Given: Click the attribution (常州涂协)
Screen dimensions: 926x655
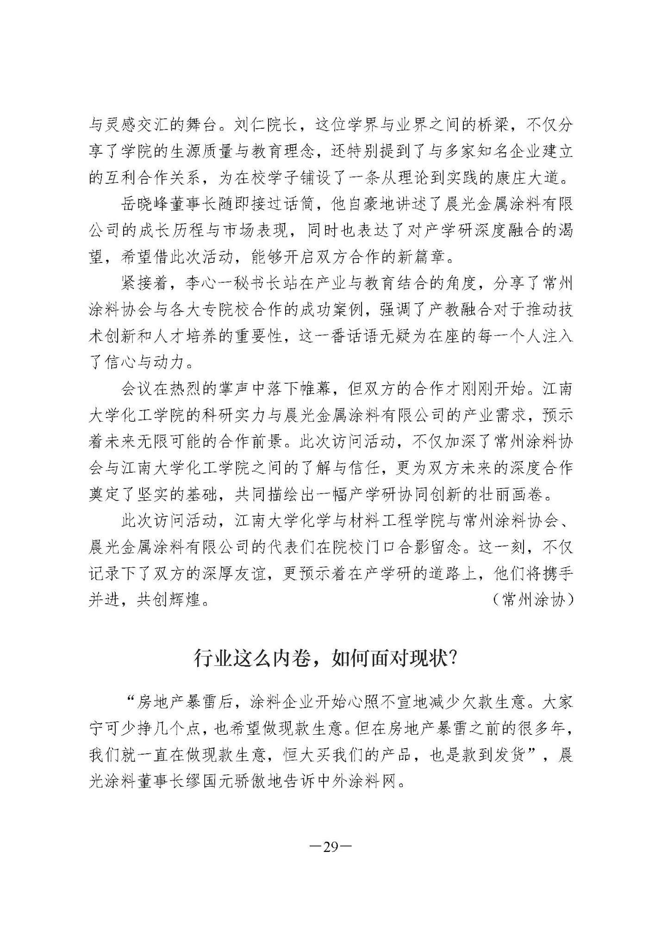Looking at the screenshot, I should click(533, 600).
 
